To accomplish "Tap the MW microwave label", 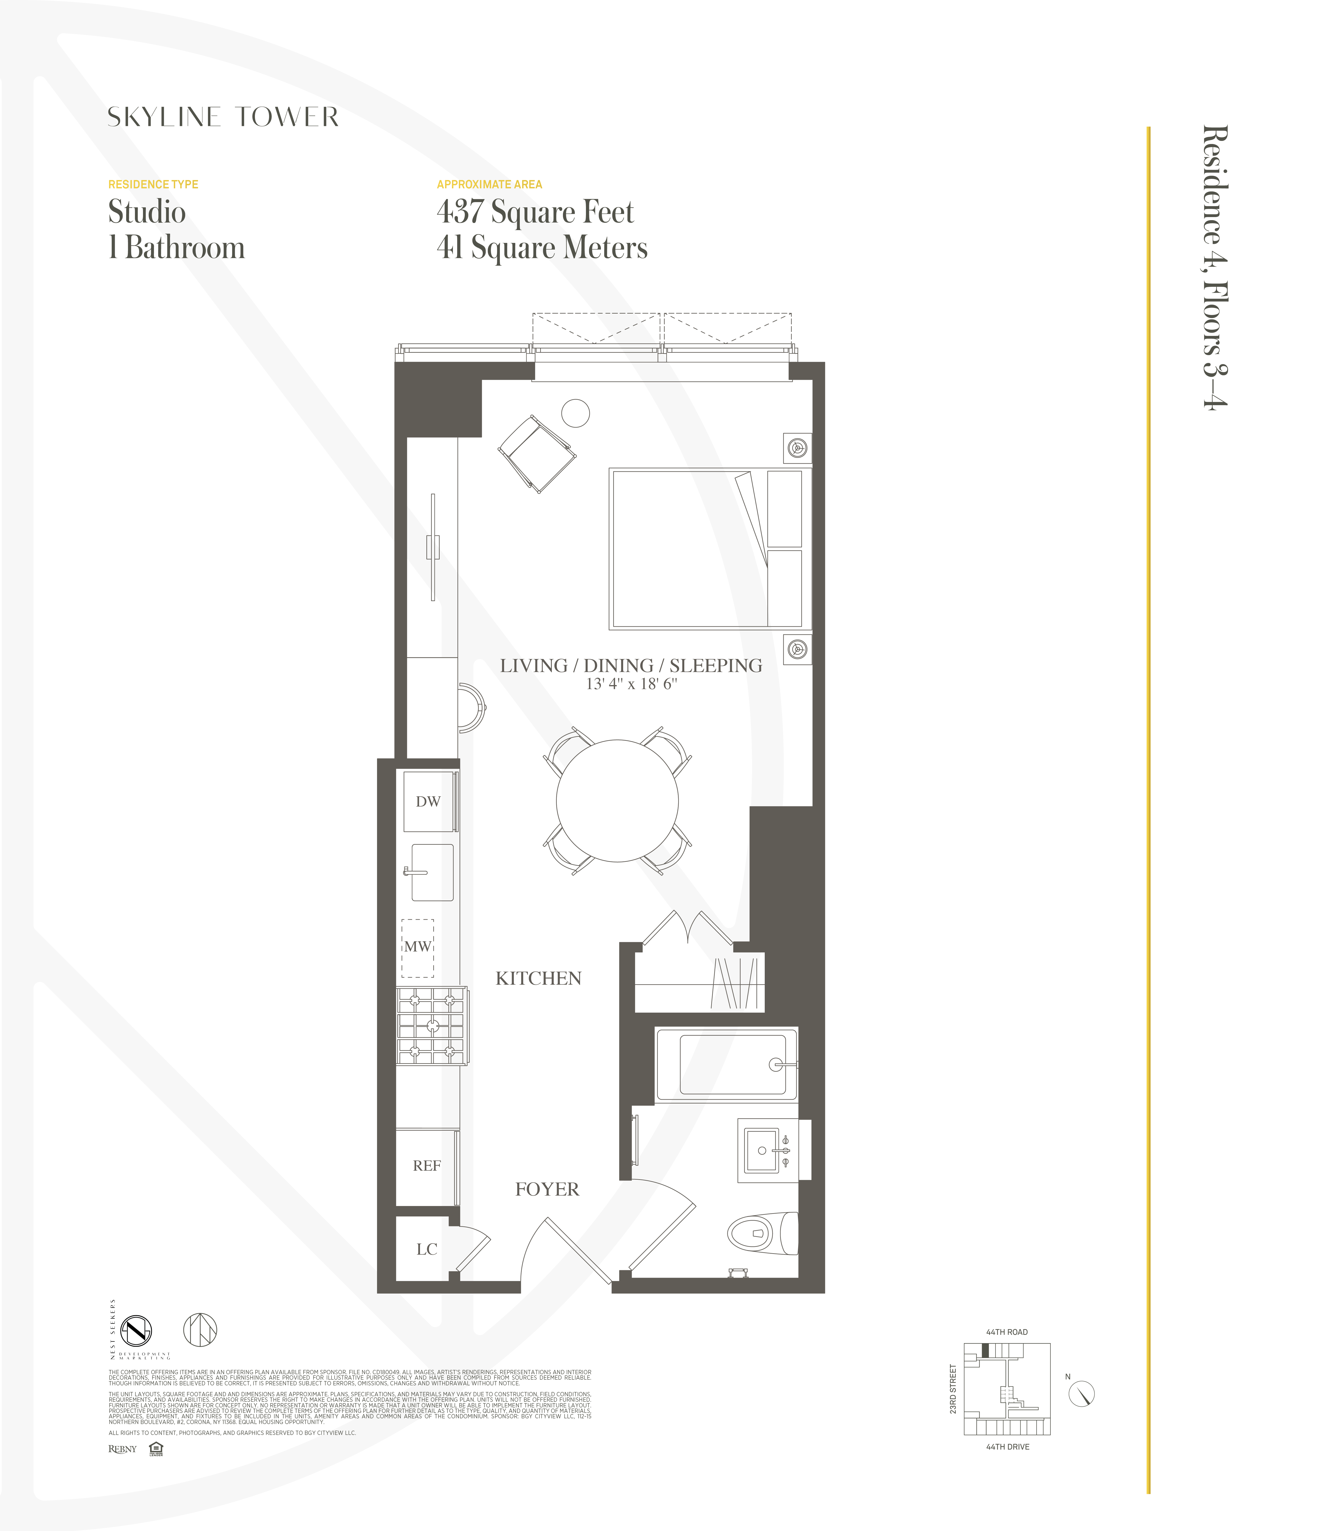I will [x=417, y=946].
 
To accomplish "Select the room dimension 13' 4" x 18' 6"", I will [x=631, y=684].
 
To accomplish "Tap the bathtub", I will [x=732, y=1065].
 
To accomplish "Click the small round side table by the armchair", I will [x=576, y=413].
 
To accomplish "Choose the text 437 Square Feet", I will [x=535, y=212].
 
